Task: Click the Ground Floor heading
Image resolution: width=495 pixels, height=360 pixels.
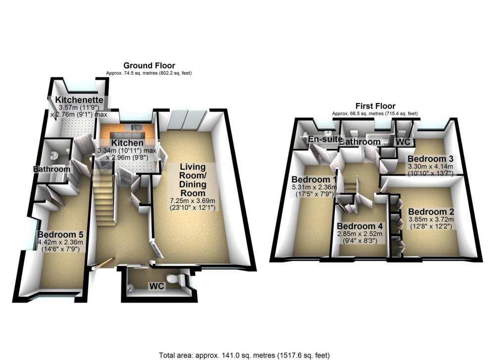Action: [x=149, y=66]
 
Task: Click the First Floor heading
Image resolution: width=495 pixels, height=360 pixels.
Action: [x=375, y=106]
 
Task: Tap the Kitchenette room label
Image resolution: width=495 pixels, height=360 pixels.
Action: [x=79, y=100]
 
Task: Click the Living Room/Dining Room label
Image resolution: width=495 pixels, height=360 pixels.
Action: [x=193, y=180]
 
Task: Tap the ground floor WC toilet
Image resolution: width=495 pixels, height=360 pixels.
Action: [x=176, y=279]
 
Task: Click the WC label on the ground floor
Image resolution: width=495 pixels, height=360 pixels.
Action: [x=156, y=286]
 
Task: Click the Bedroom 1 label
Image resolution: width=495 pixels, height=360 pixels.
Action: [x=314, y=180]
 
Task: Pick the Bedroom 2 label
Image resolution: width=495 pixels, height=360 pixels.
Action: [x=431, y=212]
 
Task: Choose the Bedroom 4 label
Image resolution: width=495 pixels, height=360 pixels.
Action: [x=360, y=226]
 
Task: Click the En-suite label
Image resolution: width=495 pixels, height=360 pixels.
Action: [x=326, y=139]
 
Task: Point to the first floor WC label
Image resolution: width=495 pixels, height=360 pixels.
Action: [x=403, y=142]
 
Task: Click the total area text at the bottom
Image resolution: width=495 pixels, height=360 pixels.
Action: [x=245, y=356]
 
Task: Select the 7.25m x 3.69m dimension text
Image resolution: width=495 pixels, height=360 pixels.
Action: [x=193, y=201]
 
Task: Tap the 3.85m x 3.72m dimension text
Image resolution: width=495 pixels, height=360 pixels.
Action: [x=431, y=219]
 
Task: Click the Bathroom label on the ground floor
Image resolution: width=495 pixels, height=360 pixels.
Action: [x=52, y=169]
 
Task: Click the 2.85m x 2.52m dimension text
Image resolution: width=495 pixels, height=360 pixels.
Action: [x=360, y=234]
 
